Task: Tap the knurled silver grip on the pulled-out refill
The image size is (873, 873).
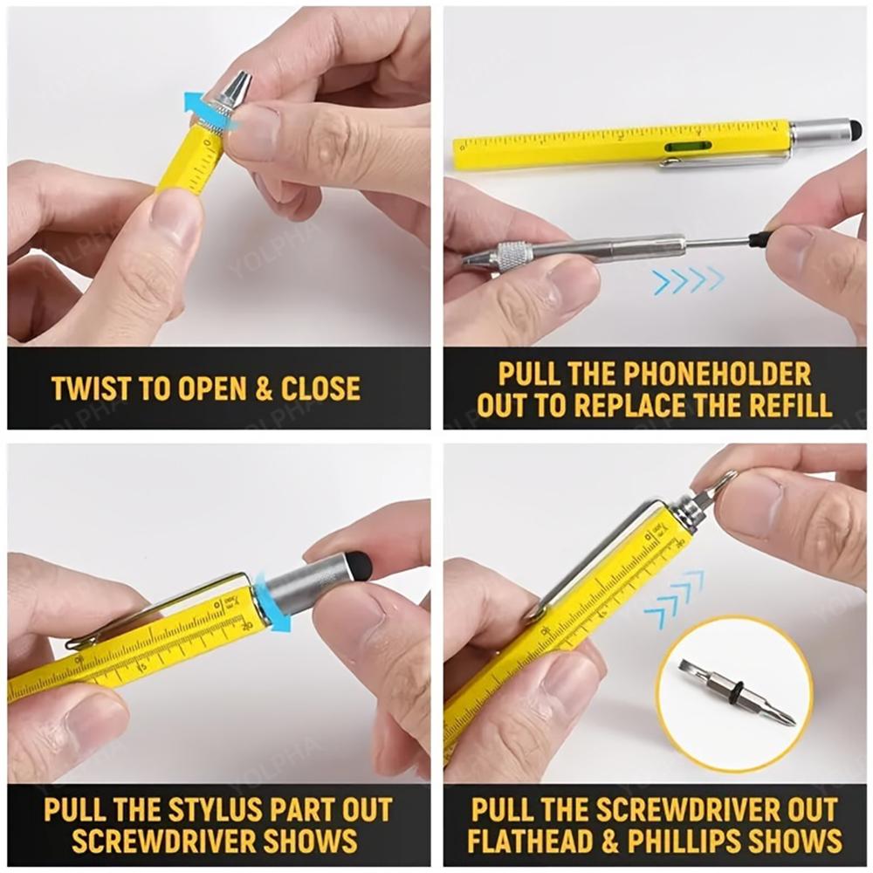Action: pyautogui.click(x=512, y=255)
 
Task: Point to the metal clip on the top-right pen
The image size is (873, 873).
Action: pyautogui.click(x=725, y=160)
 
